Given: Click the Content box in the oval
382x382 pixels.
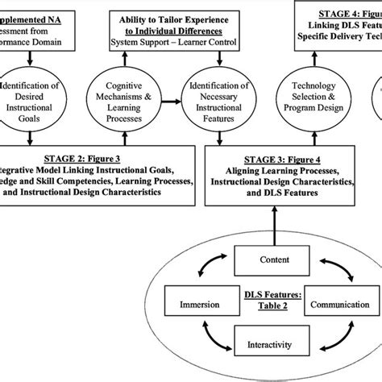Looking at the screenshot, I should pos(276,260).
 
